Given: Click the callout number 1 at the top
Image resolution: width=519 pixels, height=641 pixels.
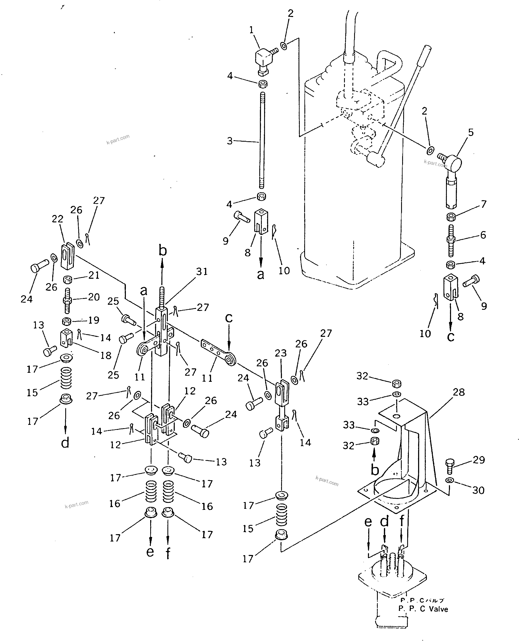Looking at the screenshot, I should click(x=251, y=30).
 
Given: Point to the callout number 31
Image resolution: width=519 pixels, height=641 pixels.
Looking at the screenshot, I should click(x=202, y=271).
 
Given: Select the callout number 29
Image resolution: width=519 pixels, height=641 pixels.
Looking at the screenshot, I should click(x=479, y=460).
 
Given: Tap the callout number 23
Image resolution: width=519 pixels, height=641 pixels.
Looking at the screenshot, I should click(x=281, y=353).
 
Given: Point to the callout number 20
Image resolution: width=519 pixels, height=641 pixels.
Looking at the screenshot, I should click(x=94, y=297).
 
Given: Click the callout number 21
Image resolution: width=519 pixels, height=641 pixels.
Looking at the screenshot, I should click(x=94, y=275).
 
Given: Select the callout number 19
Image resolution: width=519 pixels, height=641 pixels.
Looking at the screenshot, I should click(x=94, y=320).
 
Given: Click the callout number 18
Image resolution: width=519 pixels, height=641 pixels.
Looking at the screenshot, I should click(x=106, y=355).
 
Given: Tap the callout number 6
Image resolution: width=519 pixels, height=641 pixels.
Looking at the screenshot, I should click(x=483, y=235).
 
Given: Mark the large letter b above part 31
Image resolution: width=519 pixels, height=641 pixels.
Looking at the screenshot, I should click(x=162, y=251).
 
